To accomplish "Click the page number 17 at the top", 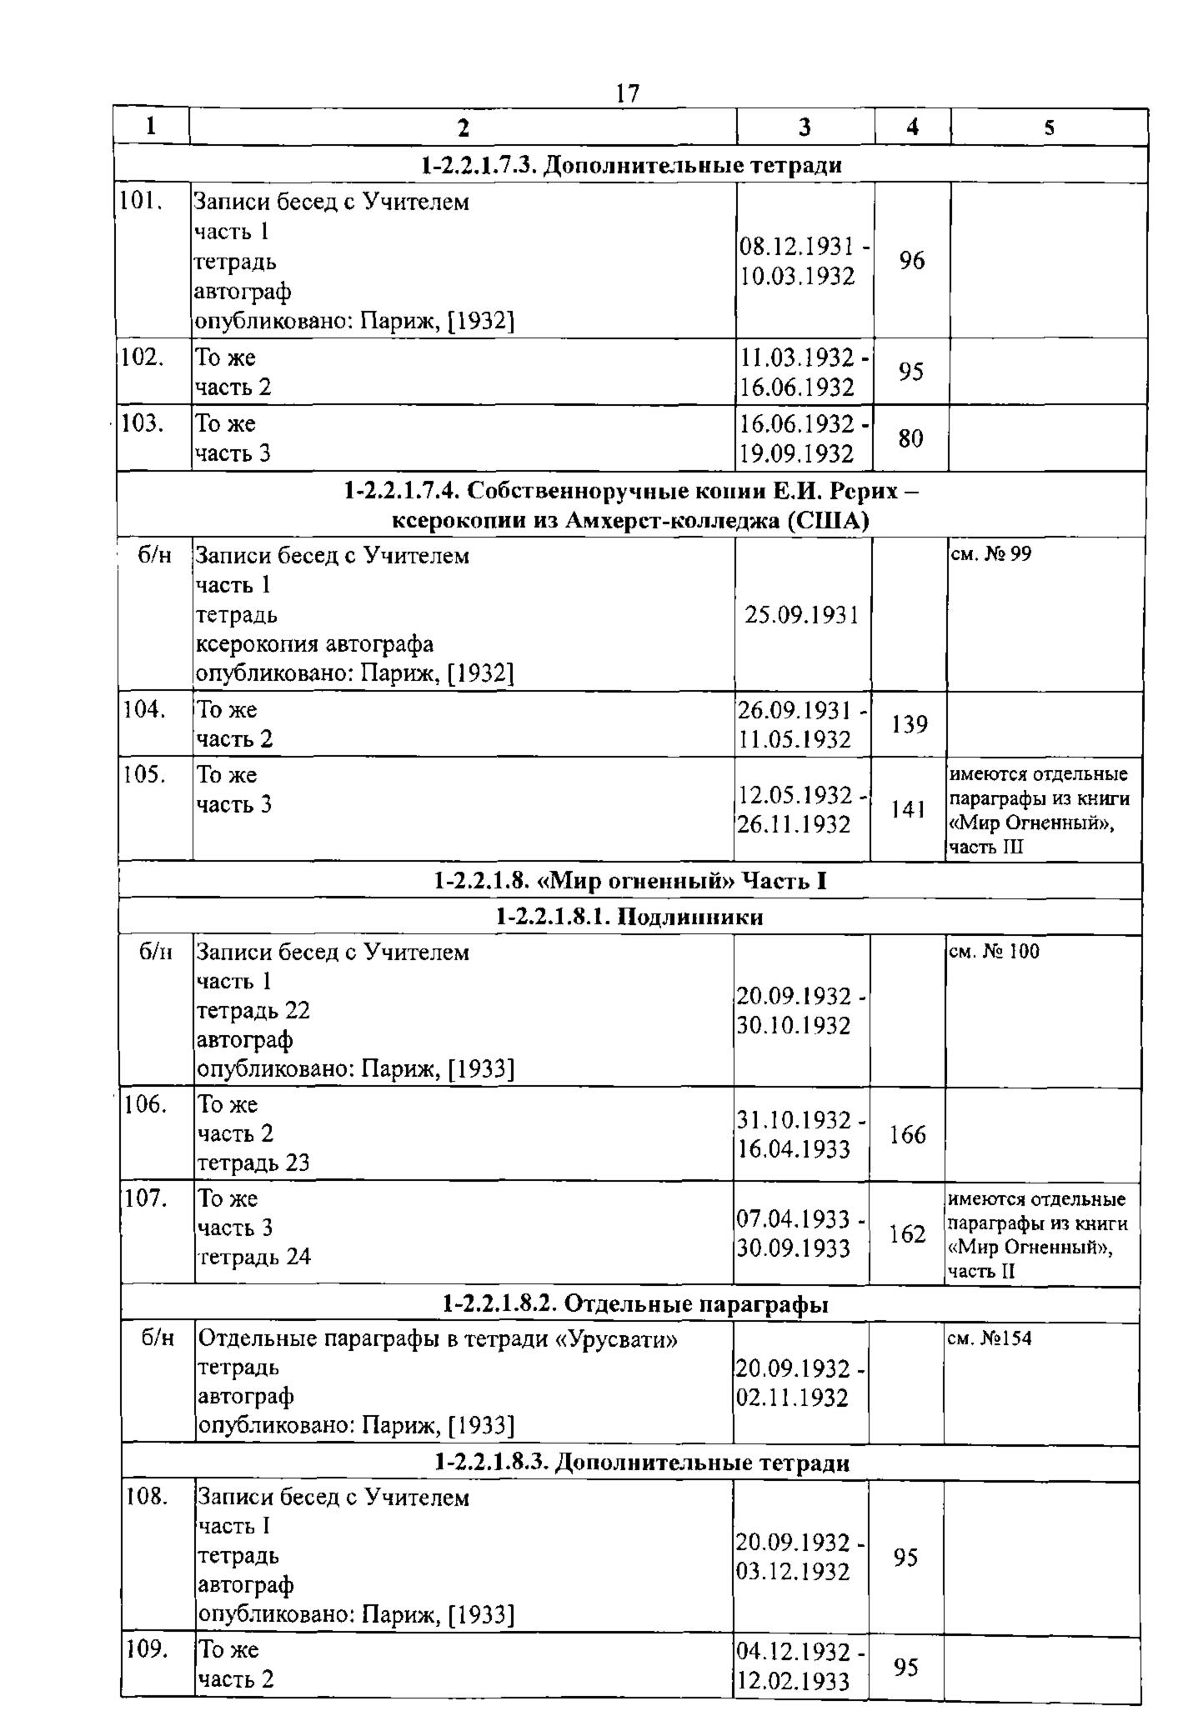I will [627, 93].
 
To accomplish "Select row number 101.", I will [140, 202].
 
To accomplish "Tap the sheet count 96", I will [912, 261].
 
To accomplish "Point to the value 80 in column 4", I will [911, 438].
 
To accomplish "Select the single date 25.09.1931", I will [801, 615].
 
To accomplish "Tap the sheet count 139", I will [910, 724].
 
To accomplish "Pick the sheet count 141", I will [909, 809].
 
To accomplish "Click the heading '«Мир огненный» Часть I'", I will [630, 881].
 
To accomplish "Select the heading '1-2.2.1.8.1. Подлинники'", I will [629, 918].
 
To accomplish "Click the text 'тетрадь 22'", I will [253, 1010].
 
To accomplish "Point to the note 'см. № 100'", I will [994, 951].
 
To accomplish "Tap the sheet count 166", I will [908, 1134].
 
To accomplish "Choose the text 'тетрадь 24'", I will [253, 1257].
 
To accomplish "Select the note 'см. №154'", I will [990, 1338].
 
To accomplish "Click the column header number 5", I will [1049, 128].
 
